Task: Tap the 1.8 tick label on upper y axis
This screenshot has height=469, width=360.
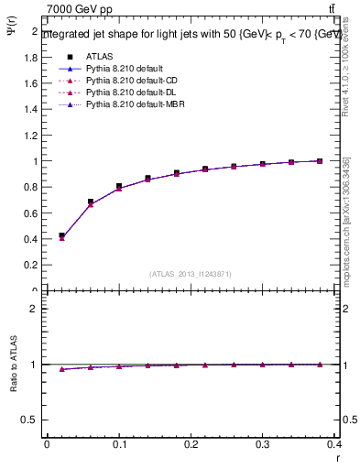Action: (30, 57)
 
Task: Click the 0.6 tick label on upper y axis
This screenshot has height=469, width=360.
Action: (30, 213)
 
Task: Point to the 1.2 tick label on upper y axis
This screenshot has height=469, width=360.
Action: (30, 136)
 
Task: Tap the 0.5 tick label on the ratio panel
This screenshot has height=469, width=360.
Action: (30, 420)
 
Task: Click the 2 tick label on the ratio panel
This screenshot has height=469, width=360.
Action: (34, 309)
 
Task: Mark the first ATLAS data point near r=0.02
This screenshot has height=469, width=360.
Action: (61, 235)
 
